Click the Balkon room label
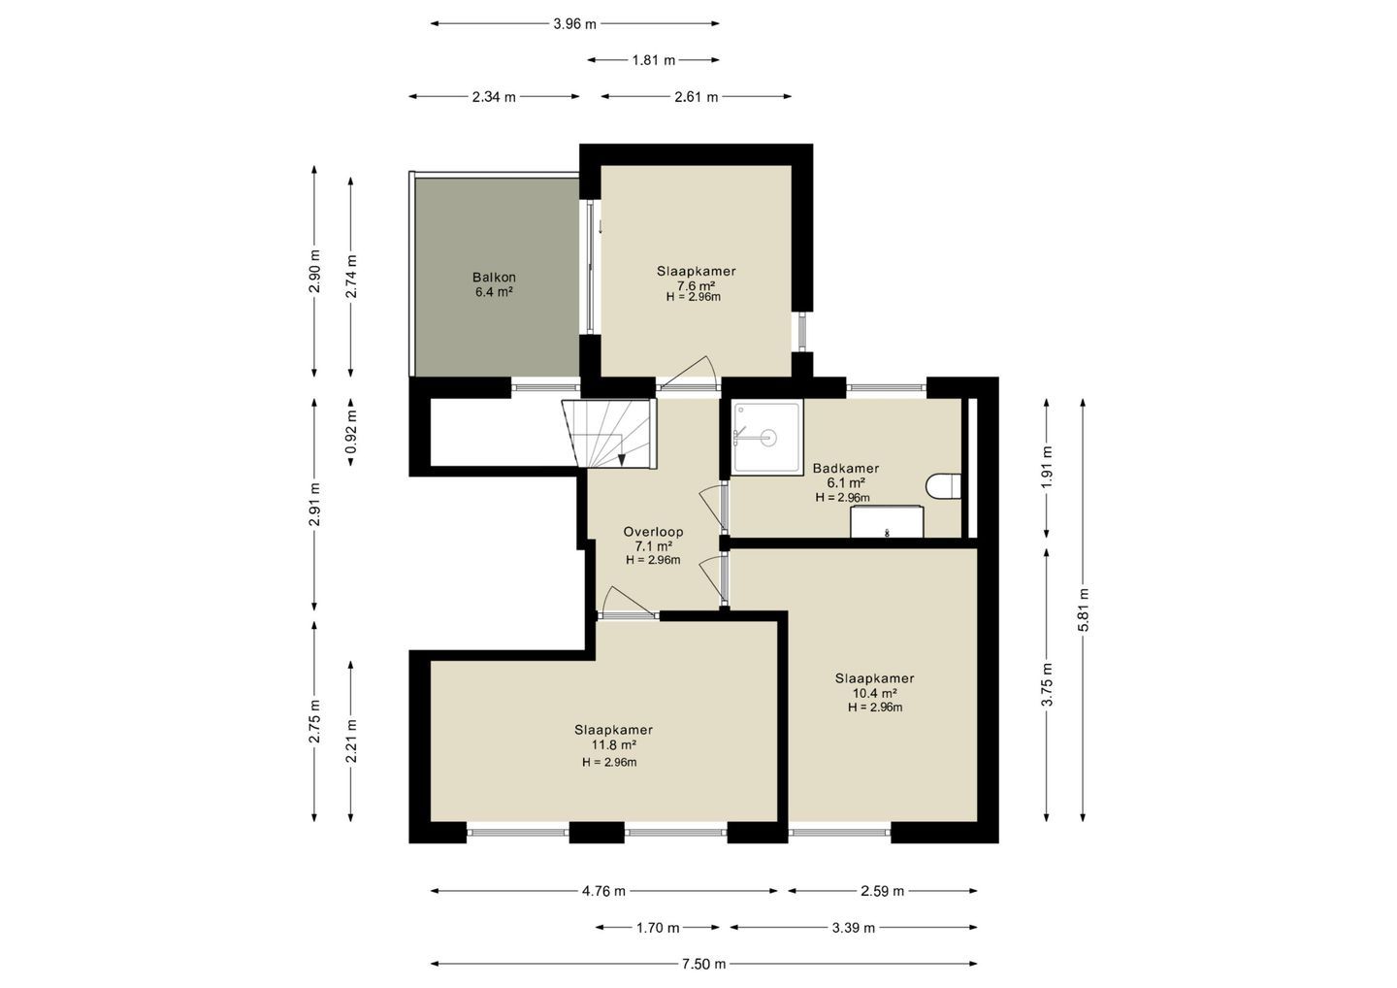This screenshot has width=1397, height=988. (x=494, y=278)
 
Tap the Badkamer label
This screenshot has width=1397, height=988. (x=846, y=469)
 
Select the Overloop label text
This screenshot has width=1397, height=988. (x=653, y=532)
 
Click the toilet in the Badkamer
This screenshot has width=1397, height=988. (x=944, y=486)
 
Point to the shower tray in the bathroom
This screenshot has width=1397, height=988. (x=767, y=438)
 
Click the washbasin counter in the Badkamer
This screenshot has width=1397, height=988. (x=888, y=521)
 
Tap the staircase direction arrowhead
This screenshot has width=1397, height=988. (x=622, y=459)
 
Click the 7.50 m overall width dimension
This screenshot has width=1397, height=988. (x=703, y=964)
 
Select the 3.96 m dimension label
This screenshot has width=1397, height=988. (x=574, y=23)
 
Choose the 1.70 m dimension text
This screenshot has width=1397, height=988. (x=658, y=928)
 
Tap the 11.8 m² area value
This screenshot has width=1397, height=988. (x=614, y=744)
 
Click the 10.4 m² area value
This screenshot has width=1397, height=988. (x=874, y=693)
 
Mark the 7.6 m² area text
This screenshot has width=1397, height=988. (x=696, y=285)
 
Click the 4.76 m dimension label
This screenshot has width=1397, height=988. (x=603, y=891)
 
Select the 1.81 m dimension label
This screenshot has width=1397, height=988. (x=654, y=60)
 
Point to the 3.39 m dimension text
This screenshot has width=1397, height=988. (x=853, y=928)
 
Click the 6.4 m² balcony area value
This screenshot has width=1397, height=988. (x=494, y=292)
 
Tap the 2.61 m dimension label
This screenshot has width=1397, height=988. (x=696, y=97)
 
